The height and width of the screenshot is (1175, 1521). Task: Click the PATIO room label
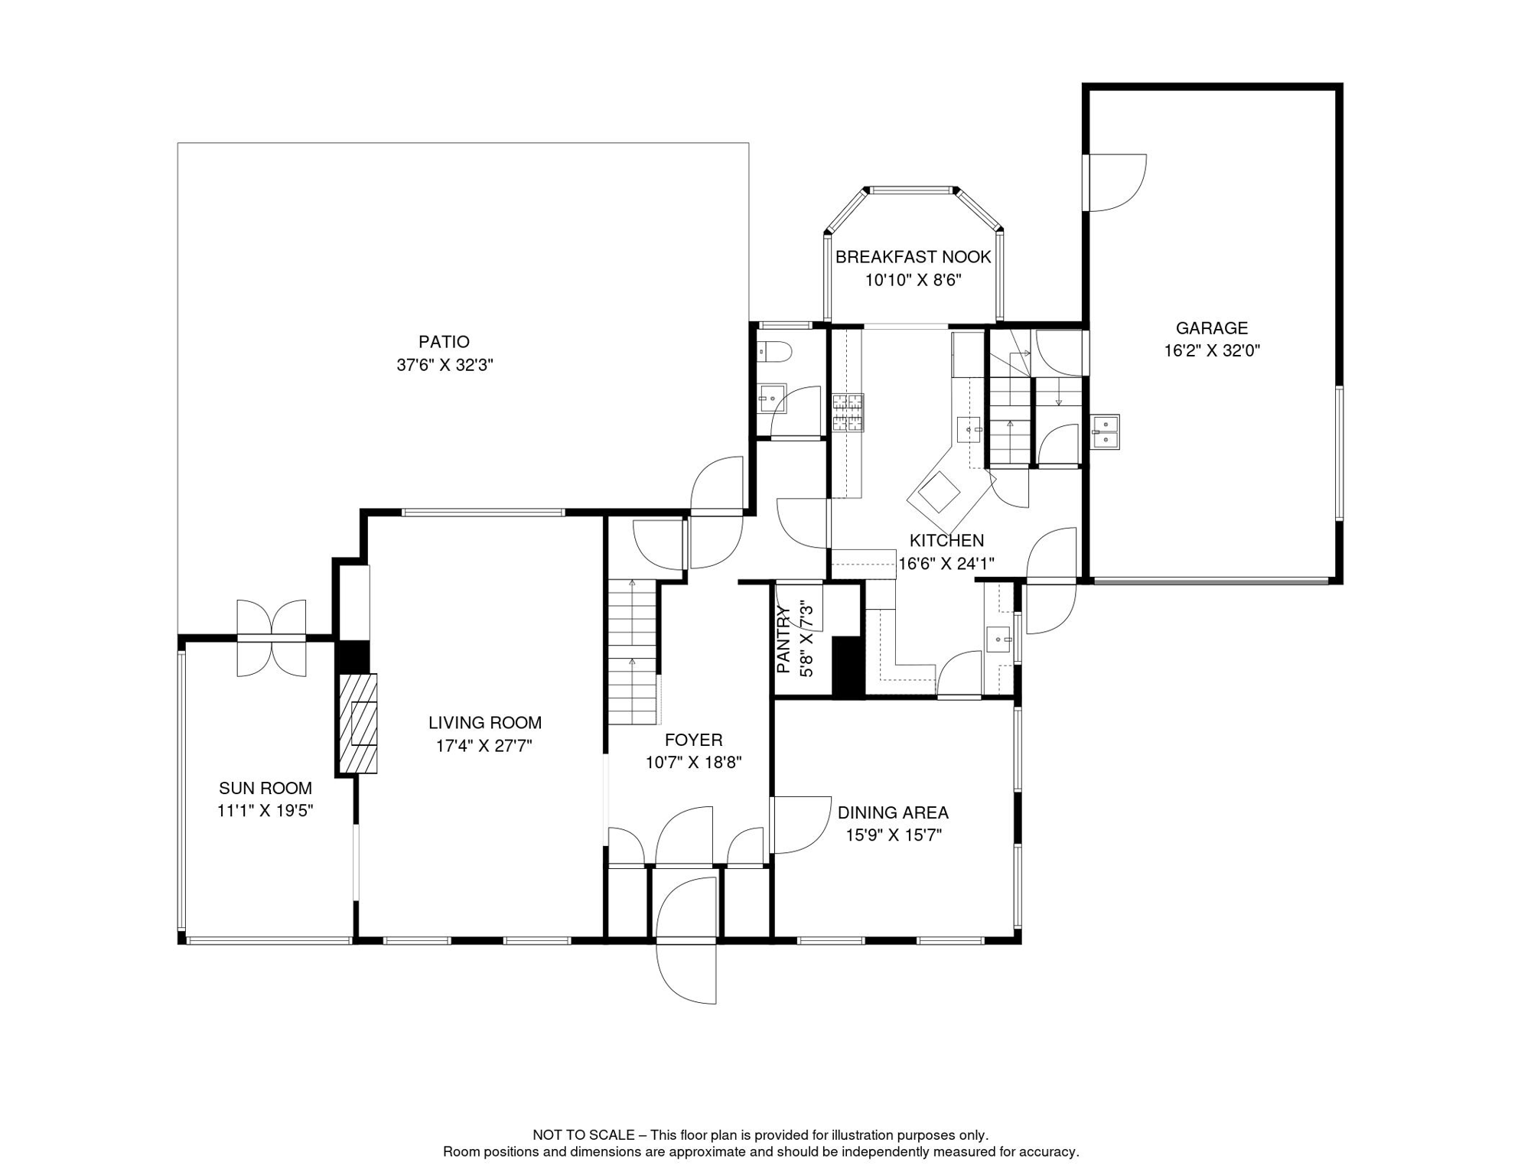point(444,342)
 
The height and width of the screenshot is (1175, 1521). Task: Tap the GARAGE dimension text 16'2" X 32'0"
point(1212,351)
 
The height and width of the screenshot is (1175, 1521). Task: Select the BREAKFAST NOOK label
point(913,257)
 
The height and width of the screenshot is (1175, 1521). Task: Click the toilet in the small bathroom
point(774,352)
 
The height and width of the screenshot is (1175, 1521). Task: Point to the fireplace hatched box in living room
point(358,723)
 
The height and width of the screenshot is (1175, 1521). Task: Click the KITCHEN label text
point(946,541)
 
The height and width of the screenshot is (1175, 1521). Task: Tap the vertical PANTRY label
point(783,640)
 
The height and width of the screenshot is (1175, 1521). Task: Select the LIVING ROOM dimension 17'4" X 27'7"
point(484,746)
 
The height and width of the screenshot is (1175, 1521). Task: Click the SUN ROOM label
point(265,788)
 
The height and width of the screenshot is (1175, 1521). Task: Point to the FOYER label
point(693,740)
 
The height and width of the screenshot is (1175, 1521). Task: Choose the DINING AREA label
point(893,812)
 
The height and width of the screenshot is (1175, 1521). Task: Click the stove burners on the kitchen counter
point(848,413)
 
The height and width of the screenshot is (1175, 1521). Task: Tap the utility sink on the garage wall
point(1105,431)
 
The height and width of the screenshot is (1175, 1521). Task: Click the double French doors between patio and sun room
point(272,638)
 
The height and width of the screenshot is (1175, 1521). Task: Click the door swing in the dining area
point(800,825)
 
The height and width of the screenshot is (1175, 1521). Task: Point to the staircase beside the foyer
point(633,652)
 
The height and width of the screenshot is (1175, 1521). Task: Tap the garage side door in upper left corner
point(1116,183)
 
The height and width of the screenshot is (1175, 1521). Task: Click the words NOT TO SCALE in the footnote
point(583,1135)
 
